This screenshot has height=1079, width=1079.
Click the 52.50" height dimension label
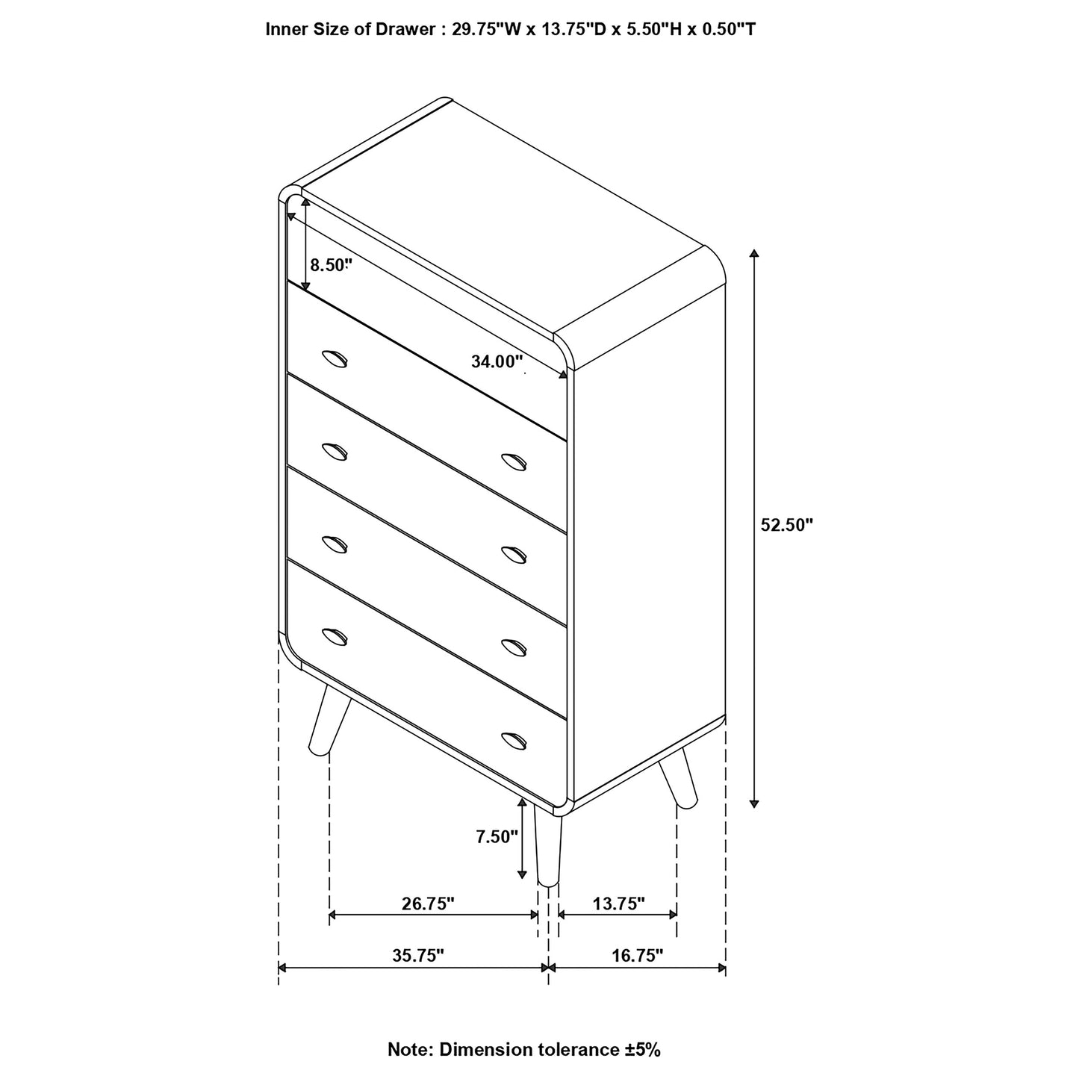(x=786, y=525)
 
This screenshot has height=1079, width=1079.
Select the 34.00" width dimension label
(x=497, y=362)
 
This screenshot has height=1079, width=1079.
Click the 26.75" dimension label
(x=428, y=904)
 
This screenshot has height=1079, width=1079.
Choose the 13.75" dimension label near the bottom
(x=618, y=904)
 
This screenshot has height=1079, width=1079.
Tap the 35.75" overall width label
(x=418, y=955)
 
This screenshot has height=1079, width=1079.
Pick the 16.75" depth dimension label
(x=637, y=955)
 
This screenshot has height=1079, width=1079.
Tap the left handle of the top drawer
(x=335, y=359)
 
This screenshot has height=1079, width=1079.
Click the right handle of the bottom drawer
(x=514, y=739)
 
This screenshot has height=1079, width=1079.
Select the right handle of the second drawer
(x=514, y=462)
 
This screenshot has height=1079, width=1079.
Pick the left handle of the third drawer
(x=335, y=544)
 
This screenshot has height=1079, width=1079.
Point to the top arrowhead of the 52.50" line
(x=755, y=253)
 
